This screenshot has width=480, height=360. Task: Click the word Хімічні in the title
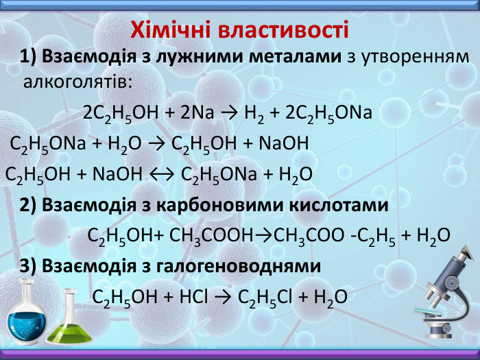(x=170, y=30)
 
